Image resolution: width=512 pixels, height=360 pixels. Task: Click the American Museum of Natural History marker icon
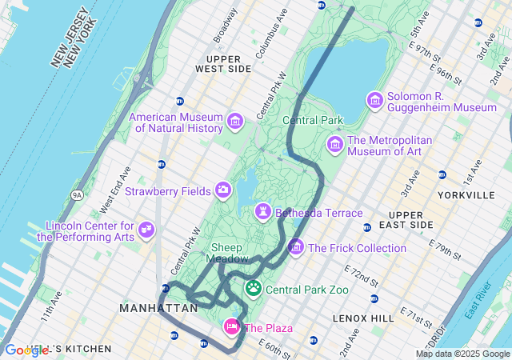(x=234, y=122)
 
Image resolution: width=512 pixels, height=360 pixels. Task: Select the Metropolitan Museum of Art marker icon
(x=335, y=144)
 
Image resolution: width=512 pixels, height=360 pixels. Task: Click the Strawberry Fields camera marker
(x=223, y=190)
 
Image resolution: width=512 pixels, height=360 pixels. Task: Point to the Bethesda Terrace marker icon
(x=262, y=212)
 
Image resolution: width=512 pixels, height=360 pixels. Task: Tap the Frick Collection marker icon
(x=296, y=247)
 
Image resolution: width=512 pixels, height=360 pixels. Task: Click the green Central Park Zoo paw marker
(x=254, y=288)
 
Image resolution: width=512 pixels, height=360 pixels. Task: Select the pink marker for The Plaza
(x=232, y=326)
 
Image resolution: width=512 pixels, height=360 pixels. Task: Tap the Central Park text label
(x=312, y=121)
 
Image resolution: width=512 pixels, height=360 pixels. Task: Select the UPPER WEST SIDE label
(x=228, y=64)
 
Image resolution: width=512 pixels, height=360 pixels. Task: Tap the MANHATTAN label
(x=158, y=308)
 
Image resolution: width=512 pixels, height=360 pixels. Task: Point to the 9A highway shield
(x=78, y=194)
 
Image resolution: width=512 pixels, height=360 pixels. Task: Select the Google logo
(x=26, y=350)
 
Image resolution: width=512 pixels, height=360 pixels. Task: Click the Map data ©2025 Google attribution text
(x=462, y=354)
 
